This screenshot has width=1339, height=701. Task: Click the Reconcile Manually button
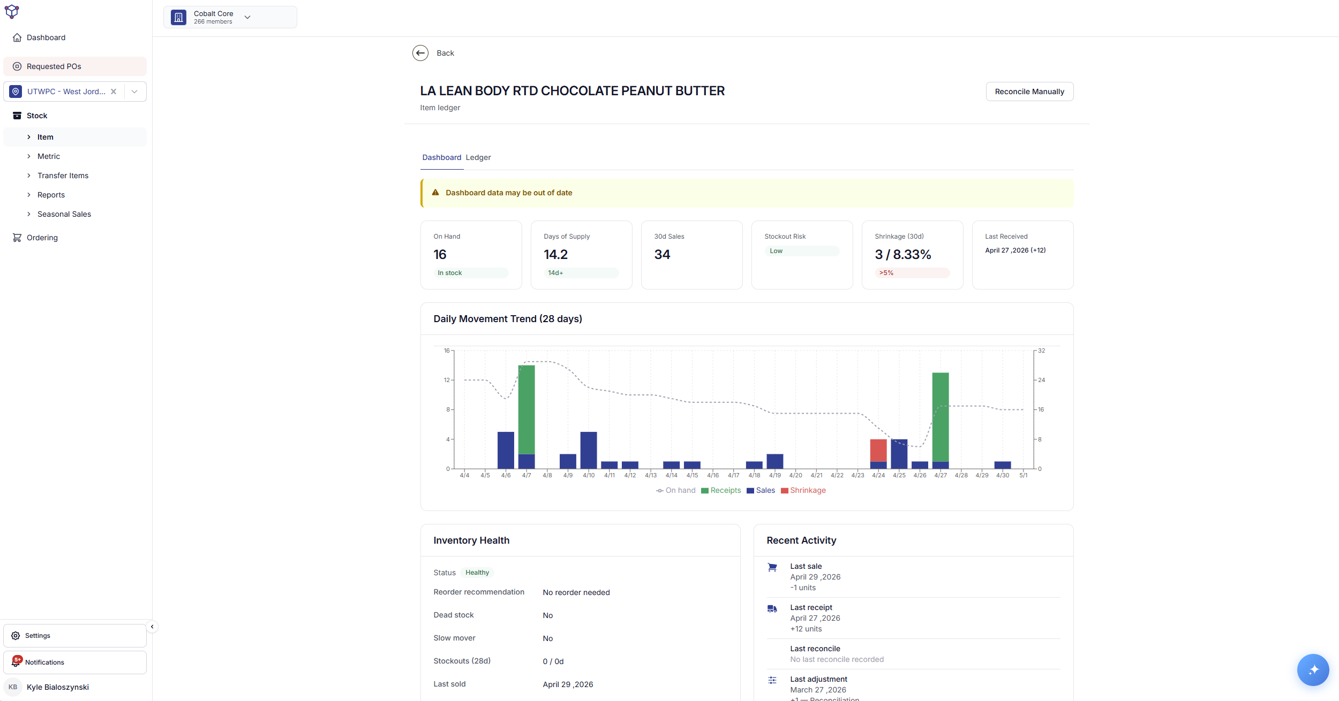point(1029,92)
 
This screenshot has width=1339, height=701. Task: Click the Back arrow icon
point(420,53)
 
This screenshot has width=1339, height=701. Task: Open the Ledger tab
point(478,157)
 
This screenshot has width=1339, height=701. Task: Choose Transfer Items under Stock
point(63,176)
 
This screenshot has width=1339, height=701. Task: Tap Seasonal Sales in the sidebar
point(64,214)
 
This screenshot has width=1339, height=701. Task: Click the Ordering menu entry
point(42,238)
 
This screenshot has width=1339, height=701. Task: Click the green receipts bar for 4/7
point(526,409)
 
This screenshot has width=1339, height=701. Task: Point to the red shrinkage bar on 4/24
point(878,450)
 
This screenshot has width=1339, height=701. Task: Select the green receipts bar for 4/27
point(941,417)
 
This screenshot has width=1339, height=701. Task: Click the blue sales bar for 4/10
point(589,450)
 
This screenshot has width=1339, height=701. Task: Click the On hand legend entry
point(676,490)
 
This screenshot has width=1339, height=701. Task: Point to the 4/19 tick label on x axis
point(775,475)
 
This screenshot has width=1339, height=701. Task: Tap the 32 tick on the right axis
point(1041,350)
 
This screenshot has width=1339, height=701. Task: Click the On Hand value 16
point(440,255)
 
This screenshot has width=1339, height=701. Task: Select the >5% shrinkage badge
point(886,273)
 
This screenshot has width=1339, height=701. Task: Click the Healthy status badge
point(477,573)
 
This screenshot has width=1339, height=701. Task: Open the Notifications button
point(75,662)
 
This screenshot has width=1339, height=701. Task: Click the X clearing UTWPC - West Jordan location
point(114,92)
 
